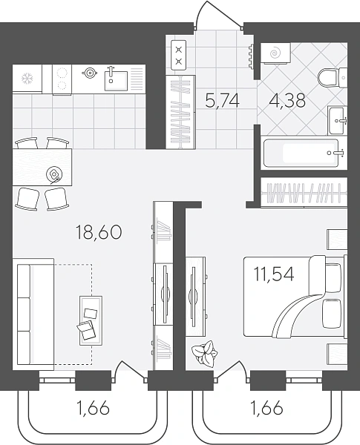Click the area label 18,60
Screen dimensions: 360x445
coord(99,232)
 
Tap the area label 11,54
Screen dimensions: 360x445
coord(274,274)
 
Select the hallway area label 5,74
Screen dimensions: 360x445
coord(222,101)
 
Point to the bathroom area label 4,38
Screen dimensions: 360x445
coord(288,100)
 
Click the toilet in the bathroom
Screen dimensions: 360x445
coord(332,78)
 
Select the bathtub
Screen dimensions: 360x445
coord(304,153)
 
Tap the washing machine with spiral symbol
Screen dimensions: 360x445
coord(275,53)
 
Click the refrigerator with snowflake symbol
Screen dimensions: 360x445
coord(27,79)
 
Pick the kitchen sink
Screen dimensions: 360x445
coord(116,81)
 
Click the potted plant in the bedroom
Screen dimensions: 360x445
coord(205,353)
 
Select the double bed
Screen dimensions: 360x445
coord(295,297)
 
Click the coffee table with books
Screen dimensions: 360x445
coord(91,320)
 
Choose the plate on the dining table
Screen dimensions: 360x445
coord(54,174)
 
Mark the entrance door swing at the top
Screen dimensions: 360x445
coord(219,13)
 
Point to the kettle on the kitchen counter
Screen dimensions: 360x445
coord(90,73)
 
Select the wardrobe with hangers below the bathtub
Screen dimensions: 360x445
coord(304,193)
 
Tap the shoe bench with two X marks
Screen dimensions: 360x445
coord(179,56)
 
